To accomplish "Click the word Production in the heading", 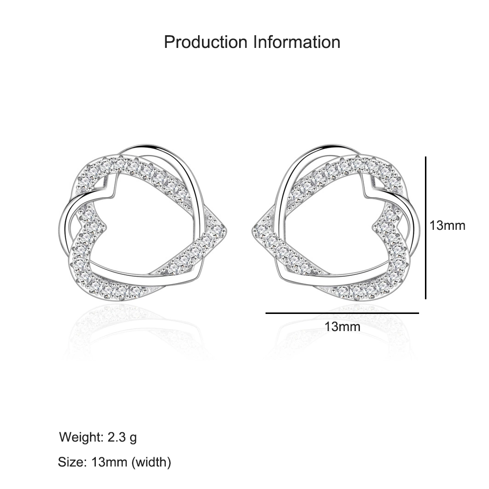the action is [205, 42].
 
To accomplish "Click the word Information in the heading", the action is [297, 42].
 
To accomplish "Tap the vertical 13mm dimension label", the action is [447, 225].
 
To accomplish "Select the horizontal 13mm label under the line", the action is [342, 327].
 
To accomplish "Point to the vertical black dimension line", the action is [426, 228].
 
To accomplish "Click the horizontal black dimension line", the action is [342, 313].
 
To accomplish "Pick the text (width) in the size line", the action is [151, 462].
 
